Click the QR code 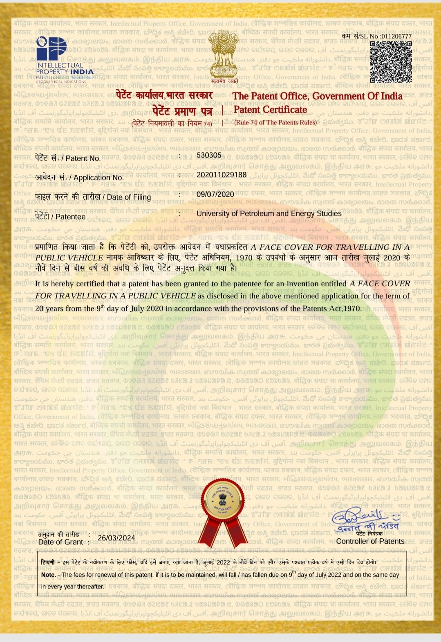click(x=391, y=62)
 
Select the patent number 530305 click(x=209, y=156)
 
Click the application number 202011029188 click(x=222, y=175)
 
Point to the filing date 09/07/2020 click(x=215, y=194)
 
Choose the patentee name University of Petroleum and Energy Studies click(x=269, y=213)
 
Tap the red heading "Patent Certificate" click(x=270, y=110)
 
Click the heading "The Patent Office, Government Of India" click(x=318, y=96)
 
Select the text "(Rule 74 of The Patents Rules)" click(x=275, y=122)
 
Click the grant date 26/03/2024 click(x=116, y=538)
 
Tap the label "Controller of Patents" click(x=370, y=541)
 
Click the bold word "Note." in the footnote click(x=49, y=575)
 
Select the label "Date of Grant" click(x=60, y=542)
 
